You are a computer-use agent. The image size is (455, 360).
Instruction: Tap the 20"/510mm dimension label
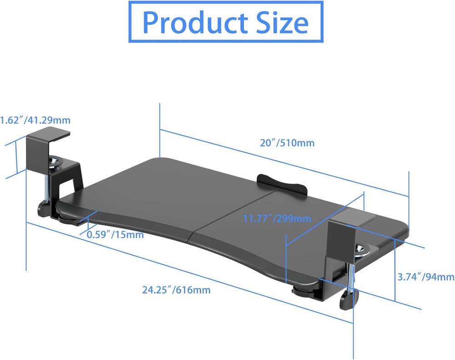coord(287,143)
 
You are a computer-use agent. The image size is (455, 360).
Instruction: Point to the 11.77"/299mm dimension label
coord(277,218)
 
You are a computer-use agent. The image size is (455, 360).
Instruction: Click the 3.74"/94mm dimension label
coord(426,276)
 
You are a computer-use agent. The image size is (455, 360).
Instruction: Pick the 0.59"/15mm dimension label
coord(115,235)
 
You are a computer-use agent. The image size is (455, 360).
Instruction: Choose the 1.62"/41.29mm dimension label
coord(35,120)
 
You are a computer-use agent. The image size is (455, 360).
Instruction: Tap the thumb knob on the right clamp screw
coord(349,300)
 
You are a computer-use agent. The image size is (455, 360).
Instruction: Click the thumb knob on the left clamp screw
coord(45,210)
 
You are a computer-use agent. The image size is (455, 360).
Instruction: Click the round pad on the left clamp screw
coord(56,161)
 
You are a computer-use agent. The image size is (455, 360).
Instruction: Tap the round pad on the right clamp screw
coord(363,249)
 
